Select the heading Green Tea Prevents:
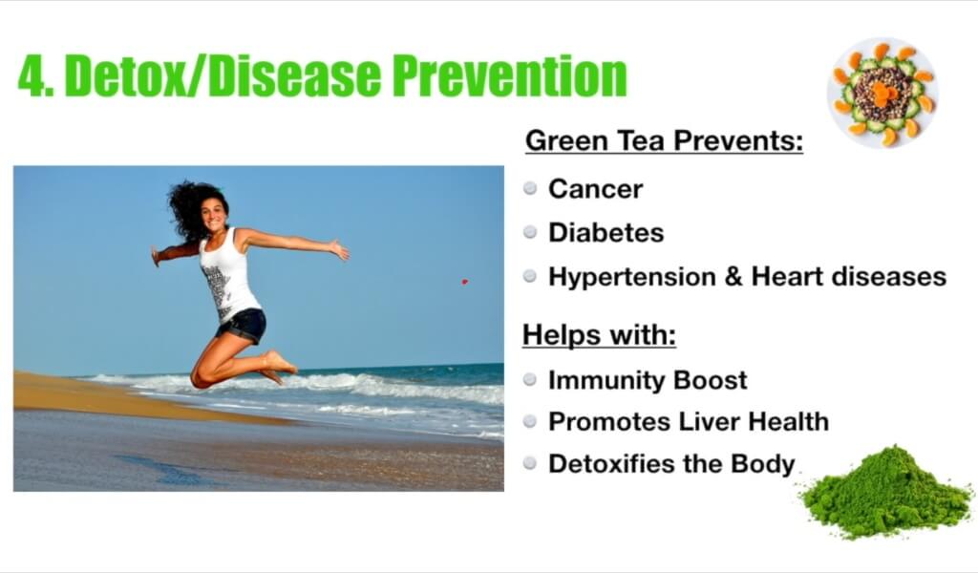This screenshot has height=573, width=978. pyautogui.click(x=665, y=141)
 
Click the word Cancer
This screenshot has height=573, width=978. pyautogui.click(x=595, y=189)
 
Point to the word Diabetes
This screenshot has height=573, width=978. pyautogui.click(x=606, y=233)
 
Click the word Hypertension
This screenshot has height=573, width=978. pyautogui.click(x=632, y=277)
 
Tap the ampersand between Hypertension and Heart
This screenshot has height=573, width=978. pyautogui.click(x=733, y=277)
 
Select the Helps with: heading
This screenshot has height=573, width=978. pyautogui.click(x=600, y=335)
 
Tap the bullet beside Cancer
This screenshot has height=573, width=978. pyautogui.click(x=530, y=188)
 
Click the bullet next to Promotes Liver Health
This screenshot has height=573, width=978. pyautogui.click(x=530, y=421)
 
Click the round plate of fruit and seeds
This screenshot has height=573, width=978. pyautogui.click(x=882, y=93)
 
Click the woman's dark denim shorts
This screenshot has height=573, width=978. pyautogui.click(x=243, y=326)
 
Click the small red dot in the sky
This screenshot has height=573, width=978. pyautogui.click(x=465, y=282)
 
